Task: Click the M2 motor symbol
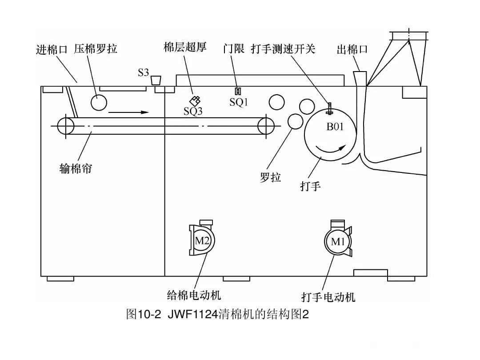point(202,241)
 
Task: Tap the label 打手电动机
point(328,297)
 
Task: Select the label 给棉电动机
point(194,295)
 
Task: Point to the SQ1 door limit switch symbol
point(238,91)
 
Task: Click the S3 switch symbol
point(156,80)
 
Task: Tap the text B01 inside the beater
point(335,127)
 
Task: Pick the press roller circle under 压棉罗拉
point(99,103)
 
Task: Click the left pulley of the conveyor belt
point(66,126)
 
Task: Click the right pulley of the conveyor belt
point(266,126)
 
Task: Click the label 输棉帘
point(76,169)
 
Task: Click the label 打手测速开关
point(283,48)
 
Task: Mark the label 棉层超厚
point(185,48)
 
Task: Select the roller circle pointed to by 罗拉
point(296,121)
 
